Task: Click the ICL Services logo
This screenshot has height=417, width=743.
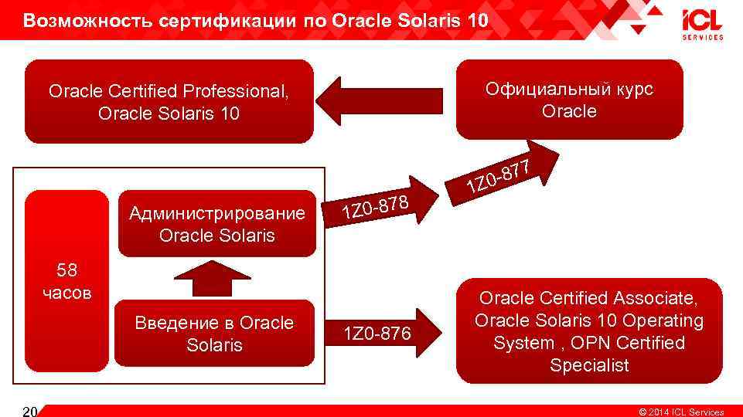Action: [x=702, y=24]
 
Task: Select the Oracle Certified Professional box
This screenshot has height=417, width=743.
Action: [x=169, y=102]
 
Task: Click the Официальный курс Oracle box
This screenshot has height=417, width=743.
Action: [x=569, y=100]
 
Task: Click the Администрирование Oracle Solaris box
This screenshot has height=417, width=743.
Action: [x=216, y=223]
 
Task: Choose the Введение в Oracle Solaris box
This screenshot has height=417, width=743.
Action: [x=214, y=334]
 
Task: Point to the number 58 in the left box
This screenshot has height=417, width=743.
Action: [x=66, y=271]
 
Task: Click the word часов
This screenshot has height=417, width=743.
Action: [x=66, y=293]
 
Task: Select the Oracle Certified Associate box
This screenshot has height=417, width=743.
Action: [x=589, y=331]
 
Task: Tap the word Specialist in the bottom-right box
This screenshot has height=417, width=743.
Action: [x=589, y=365]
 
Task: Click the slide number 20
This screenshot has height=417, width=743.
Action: [x=29, y=411]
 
